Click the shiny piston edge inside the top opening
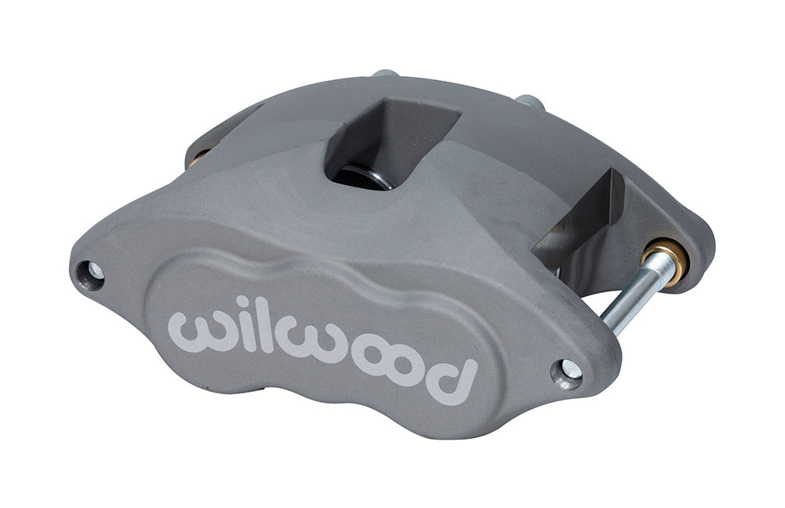coord(369,177)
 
